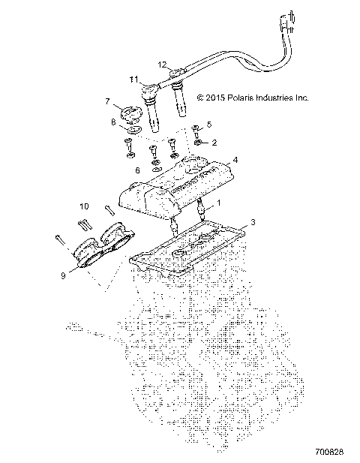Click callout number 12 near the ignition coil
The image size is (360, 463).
tap(162, 65)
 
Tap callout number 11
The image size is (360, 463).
tap(133, 80)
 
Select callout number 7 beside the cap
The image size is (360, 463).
tap(107, 101)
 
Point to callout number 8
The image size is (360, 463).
tap(113, 122)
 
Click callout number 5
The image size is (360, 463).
tap(209, 125)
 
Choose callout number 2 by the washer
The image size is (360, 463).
tap(214, 143)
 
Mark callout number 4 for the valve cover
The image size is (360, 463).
tap(235, 160)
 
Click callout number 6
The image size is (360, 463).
tap(137, 170)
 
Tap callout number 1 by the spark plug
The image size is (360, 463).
tap(219, 203)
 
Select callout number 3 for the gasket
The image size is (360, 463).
tap(253, 222)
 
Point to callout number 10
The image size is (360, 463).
tap(84, 206)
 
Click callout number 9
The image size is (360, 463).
tap(63, 275)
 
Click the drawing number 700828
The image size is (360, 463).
tap(329, 452)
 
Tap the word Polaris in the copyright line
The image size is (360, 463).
tap(240, 98)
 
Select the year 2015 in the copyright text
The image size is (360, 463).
tap(215, 98)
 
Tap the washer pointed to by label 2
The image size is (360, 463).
tap(198, 143)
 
